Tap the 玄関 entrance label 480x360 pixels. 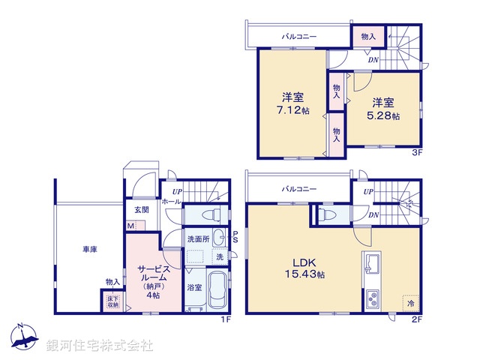click(x=142, y=209)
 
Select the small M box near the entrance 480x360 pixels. click(x=130, y=226)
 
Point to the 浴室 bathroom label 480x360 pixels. click(x=193, y=286)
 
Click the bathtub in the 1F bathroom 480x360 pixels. click(x=218, y=291)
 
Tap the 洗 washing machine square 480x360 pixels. click(x=219, y=257)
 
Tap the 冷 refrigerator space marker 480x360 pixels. click(x=409, y=304)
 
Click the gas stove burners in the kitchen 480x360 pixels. click(x=373, y=301)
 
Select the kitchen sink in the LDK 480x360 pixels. click(x=373, y=265)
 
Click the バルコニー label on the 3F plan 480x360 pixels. click(x=298, y=35)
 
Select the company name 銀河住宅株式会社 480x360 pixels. click(x=100, y=345)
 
